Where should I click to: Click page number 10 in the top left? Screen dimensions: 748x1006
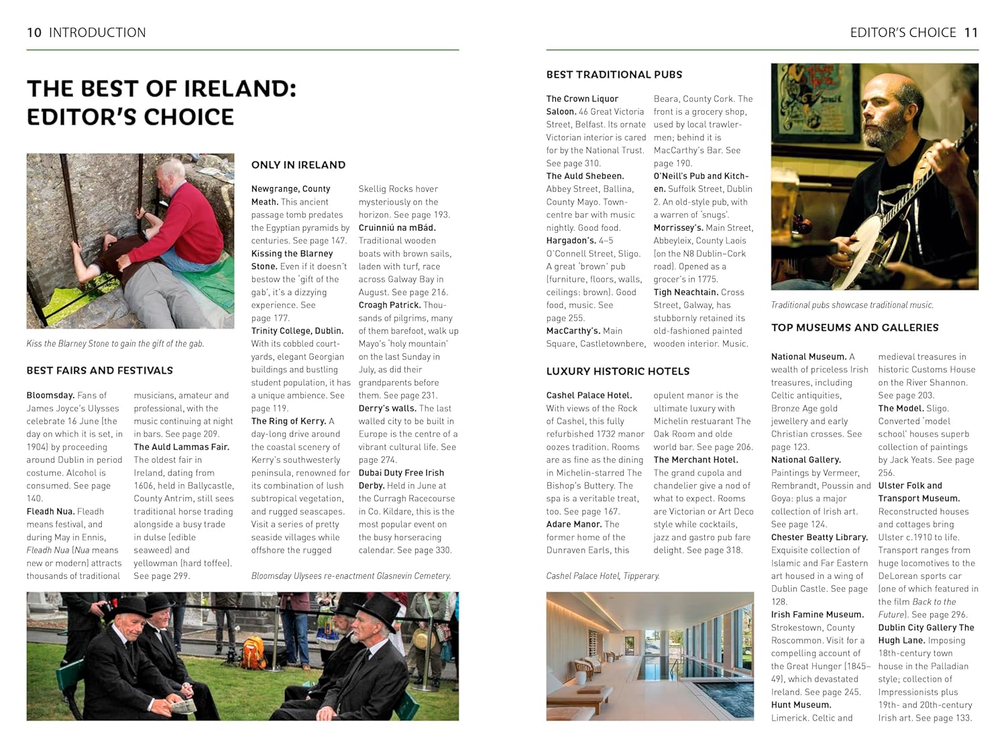[x=34, y=32]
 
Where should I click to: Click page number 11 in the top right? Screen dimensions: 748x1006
[x=970, y=32]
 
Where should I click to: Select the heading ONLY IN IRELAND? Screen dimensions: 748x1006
[x=298, y=165]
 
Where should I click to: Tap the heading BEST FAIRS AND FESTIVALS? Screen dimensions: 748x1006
[x=100, y=370]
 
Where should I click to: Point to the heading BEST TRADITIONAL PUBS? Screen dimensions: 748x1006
[x=614, y=74]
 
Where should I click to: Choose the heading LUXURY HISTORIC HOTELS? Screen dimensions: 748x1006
[x=618, y=371]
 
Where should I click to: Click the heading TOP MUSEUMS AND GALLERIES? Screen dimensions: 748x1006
[x=854, y=327]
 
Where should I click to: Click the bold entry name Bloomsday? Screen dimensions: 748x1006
[x=50, y=395]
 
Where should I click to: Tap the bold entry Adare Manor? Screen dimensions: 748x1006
[x=573, y=525]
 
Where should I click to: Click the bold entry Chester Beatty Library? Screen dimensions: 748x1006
[x=819, y=537]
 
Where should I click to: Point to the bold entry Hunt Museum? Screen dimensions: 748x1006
[x=801, y=705]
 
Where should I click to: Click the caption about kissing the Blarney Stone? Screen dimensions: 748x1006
[x=115, y=343]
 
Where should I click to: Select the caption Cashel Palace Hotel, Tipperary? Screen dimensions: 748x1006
[x=603, y=576]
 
